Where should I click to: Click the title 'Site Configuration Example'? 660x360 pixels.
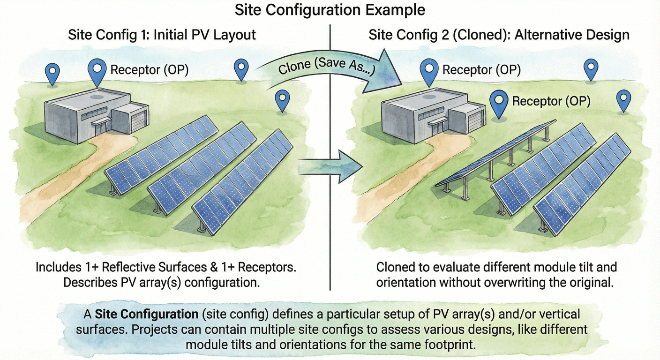click(x=330, y=10)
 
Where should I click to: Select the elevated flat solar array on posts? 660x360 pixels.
click(x=497, y=155)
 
